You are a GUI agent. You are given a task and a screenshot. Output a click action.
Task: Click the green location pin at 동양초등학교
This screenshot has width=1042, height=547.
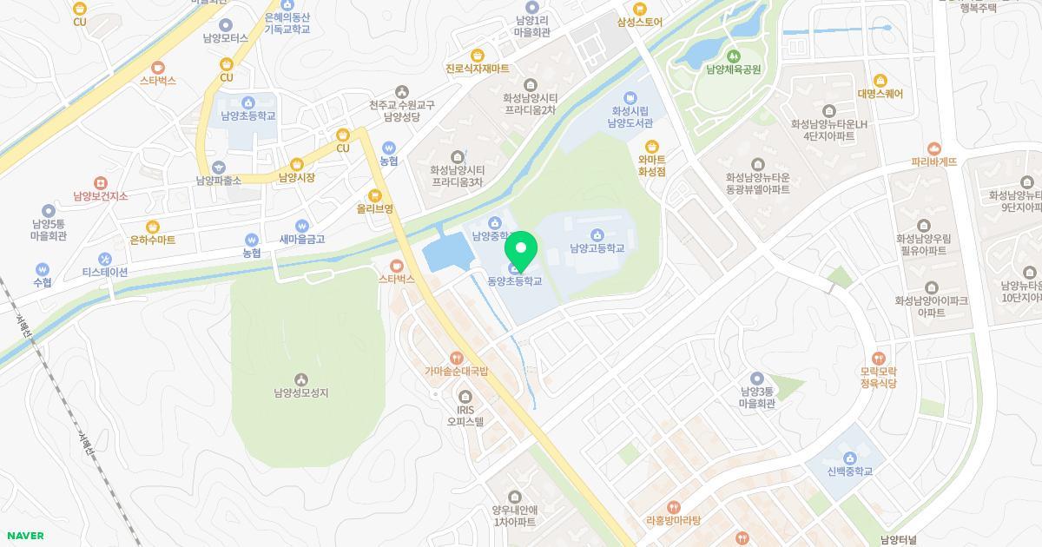point(521,250)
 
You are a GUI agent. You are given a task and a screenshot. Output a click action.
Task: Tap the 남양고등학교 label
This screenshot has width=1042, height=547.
point(597,248)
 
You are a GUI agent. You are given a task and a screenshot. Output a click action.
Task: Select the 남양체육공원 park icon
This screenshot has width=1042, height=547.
point(733,56)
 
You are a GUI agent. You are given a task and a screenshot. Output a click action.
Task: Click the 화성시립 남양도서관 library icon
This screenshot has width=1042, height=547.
point(630,97)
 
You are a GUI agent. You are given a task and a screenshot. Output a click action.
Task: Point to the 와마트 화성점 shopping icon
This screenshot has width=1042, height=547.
point(651,147)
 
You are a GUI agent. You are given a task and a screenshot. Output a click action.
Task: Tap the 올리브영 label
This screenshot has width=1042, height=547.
point(375,209)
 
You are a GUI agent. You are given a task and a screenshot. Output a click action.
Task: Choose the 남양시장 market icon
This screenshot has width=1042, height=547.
point(297,164)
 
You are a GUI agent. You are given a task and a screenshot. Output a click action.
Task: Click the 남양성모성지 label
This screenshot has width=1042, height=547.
point(300,392)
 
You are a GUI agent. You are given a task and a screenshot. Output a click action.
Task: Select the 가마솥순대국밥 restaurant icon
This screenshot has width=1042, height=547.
point(456,358)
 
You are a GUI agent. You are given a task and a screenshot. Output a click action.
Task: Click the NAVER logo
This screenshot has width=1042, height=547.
point(25,536)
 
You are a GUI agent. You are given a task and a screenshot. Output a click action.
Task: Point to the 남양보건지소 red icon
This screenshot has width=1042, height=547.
point(101,183)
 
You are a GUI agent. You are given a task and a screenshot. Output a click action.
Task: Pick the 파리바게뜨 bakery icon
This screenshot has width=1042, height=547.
point(934,148)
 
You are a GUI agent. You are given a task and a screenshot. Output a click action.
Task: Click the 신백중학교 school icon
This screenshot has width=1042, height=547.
point(849,458)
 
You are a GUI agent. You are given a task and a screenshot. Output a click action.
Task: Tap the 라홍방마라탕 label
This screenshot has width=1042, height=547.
point(673,521)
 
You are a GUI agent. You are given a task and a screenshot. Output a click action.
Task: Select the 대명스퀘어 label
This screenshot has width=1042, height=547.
point(880,94)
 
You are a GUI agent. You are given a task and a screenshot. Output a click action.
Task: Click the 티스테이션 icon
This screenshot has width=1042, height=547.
point(105,259)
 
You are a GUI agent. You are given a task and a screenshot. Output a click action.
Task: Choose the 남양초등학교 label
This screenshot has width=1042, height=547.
point(247,115)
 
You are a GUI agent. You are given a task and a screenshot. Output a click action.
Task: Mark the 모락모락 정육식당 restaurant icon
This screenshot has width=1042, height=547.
point(878,358)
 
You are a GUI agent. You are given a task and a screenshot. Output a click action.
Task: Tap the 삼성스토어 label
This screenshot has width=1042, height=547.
point(640,23)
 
